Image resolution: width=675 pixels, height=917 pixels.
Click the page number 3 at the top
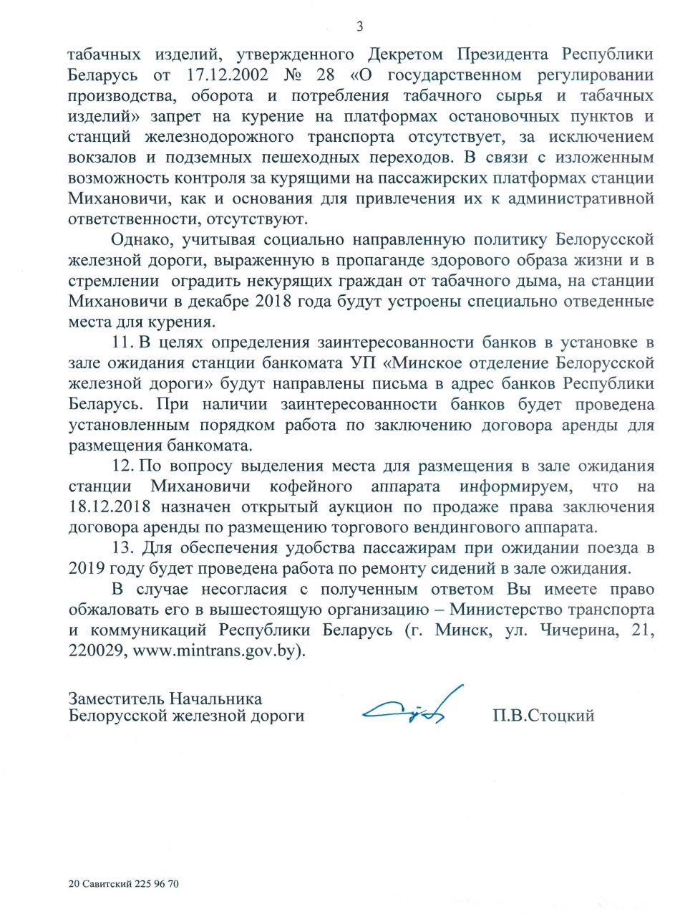pos(360,27)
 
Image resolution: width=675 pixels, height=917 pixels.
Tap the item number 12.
pos(124,466)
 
